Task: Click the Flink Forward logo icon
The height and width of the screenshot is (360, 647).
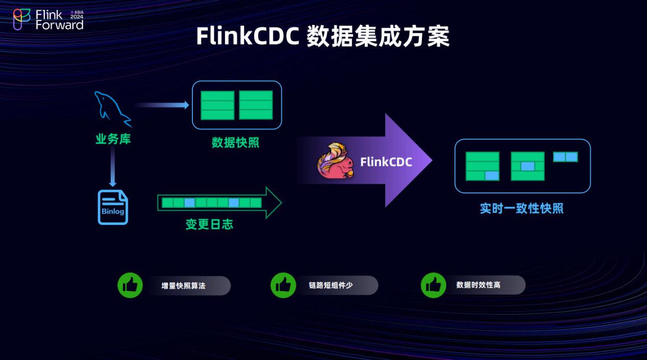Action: click(21, 19)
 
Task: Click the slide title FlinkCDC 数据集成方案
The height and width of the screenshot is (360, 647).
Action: click(323, 37)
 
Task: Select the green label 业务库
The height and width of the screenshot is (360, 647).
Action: click(113, 139)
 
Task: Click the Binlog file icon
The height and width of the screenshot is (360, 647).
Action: click(113, 207)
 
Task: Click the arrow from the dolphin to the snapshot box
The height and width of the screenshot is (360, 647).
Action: click(162, 105)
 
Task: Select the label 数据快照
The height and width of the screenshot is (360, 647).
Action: click(236, 142)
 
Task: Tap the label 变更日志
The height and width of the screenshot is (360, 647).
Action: click(209, 224)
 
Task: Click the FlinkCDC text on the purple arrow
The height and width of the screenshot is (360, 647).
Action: click(386, 162)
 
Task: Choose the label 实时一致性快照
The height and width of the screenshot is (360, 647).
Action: click(521, 208)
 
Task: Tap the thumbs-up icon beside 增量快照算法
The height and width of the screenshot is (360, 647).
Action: click(130, 285)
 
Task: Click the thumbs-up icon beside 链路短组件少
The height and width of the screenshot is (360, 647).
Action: click(283, 285)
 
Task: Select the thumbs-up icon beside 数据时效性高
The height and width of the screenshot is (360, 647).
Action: click(433, 285)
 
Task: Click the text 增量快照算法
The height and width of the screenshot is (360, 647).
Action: click(183, 286)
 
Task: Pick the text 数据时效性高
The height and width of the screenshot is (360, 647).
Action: click(478, 285)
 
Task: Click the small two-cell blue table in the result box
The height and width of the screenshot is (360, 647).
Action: click(565, 157)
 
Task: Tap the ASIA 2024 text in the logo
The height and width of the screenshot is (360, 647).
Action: click(77, 15)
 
